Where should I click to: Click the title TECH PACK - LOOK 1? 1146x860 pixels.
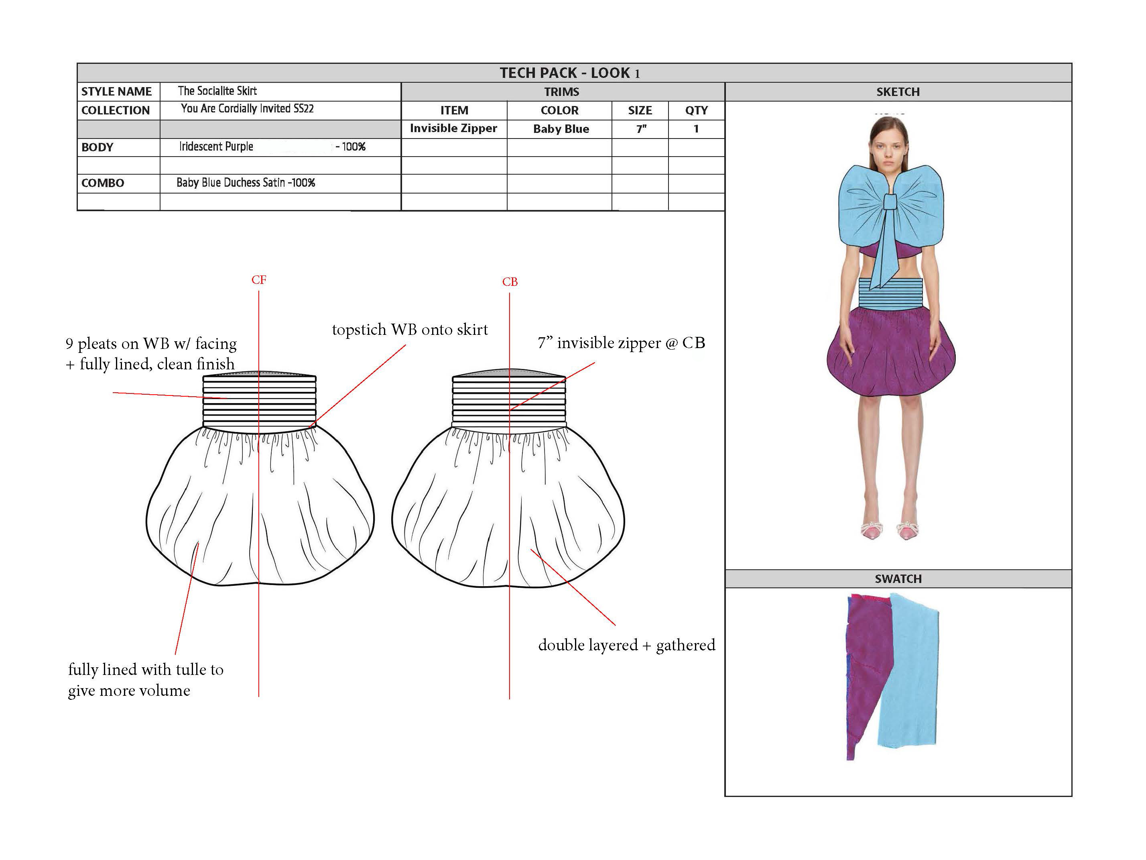tap(569, 73)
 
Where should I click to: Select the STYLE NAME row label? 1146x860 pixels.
tap(117, 92)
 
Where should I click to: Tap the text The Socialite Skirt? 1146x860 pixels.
tap(217, 91)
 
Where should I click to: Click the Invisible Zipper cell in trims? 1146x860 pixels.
tap(453, 128)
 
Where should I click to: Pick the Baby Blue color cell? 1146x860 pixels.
tap(561, 129)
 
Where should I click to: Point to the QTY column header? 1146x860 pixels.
tap(696, 110)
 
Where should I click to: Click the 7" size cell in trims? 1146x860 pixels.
tap(641, 129)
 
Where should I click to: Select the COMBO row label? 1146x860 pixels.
tap(103, 183)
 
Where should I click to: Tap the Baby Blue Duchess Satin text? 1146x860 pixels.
tap(246, 182)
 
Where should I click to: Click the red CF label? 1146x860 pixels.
tap(258, 280)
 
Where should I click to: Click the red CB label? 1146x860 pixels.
tap(510, 282)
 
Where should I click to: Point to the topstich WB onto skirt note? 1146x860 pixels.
tap(410, 330)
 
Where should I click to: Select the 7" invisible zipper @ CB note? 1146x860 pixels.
tap(621, 343)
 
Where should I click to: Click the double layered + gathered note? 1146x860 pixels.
tap(626, 645)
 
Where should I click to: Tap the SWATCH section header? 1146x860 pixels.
tap(898, 579)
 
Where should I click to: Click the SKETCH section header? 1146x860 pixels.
tap(898, 92)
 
